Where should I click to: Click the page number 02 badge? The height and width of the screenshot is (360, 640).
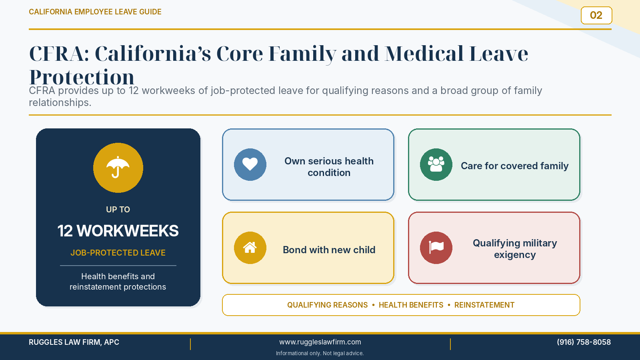tap(596, 16)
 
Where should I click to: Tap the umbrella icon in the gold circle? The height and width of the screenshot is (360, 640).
tap(118, 167)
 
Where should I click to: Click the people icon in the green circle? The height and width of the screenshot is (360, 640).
tap(436, 164)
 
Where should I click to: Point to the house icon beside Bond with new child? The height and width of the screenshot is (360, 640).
tap(250, 248)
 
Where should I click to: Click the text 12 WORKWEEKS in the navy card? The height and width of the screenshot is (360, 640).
tap(118, 231)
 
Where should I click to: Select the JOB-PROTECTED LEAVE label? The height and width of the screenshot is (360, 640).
tap(118, 253)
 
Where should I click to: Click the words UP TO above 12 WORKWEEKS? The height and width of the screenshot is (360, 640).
tap(118, 210)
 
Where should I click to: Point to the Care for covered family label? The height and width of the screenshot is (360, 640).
tap(514, 166)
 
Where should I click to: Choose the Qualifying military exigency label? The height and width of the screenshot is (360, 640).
tap(515, 249)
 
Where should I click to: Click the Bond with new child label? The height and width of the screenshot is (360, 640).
tap(329, 250)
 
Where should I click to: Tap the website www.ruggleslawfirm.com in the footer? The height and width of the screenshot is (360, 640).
tap(320, 342)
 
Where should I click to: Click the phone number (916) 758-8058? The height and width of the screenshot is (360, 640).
tap(584, 342)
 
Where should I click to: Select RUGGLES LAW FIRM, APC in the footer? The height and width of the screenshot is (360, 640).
tap(74, 342)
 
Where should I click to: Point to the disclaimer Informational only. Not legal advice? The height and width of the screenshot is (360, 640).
tap(320, 354)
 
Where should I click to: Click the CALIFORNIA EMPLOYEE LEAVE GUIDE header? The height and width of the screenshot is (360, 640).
tap(95, 12)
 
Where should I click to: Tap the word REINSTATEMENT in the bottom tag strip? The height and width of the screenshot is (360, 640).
tap(484, 305)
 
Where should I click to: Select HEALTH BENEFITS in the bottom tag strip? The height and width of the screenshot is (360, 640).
tap(411, 305)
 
